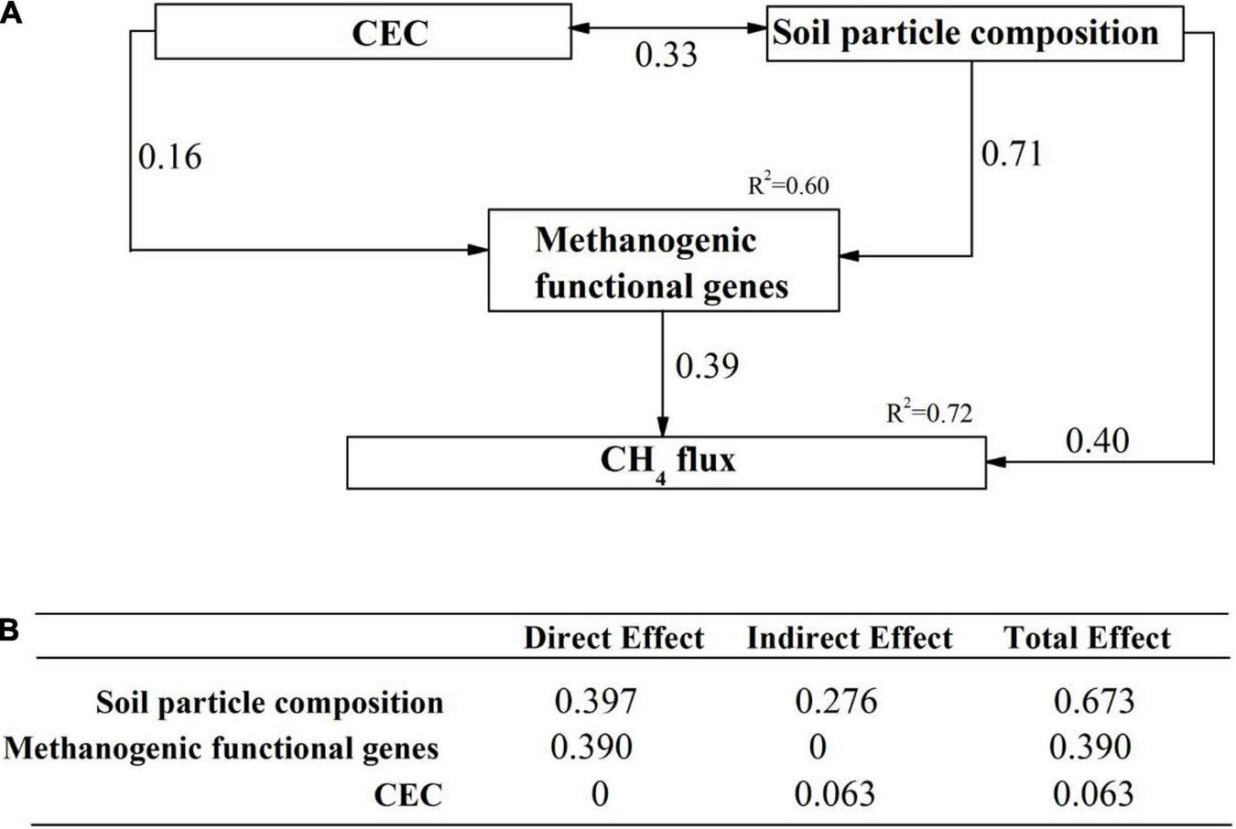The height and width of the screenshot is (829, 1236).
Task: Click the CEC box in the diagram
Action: click(x=363, y=33)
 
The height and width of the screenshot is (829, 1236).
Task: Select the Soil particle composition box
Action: click(x=974, y=34)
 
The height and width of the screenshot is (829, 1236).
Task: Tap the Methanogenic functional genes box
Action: click(x=663, y=262)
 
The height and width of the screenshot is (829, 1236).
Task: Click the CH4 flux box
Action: click(x=667, y=462)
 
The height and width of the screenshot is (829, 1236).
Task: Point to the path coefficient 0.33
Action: click(x=667, y=56)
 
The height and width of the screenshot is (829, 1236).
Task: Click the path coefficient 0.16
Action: click(x=169, y=157)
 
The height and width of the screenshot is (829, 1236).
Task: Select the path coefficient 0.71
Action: click(x=1012, y=155)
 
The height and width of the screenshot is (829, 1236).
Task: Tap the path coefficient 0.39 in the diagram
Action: click(x=707, y=366)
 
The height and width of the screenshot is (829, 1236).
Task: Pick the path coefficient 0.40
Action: click(x=1097, y=442)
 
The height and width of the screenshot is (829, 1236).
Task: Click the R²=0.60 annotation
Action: click(x=788, y=186)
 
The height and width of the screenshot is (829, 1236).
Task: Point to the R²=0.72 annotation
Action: click(x=928, y=414)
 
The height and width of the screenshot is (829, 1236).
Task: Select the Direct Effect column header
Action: click(x=613, y=638)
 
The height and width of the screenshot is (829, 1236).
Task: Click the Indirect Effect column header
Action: click(x=850, y=638)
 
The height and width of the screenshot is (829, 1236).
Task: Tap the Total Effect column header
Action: click(x=1087, y=638)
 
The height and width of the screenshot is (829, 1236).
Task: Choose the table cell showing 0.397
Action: click(x=595, y=702)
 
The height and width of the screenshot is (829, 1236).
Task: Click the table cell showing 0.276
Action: click(x=836, y=702)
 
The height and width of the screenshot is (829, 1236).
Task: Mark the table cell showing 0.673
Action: click(x=1093, y=702)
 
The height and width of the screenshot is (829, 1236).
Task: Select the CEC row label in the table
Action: click(x=408, y=795)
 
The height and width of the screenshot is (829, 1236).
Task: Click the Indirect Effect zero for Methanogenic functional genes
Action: click(x=818, y=748)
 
